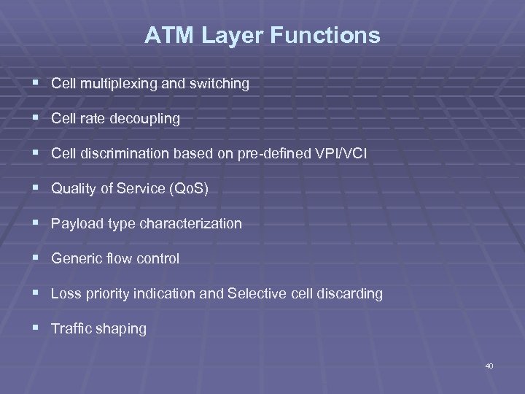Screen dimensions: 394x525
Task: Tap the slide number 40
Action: [489, 366]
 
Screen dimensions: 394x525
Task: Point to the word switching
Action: [222, 84]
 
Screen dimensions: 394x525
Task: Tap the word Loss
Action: [64, 294]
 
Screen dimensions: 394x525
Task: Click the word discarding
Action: [350, 294]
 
